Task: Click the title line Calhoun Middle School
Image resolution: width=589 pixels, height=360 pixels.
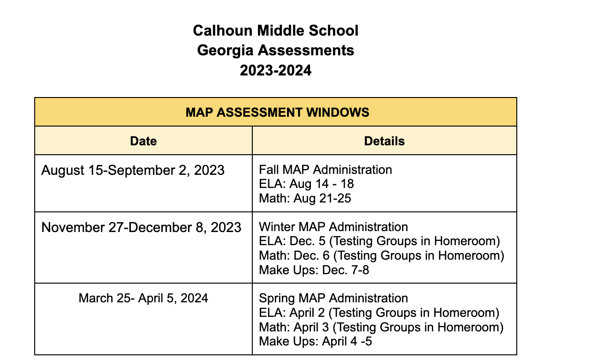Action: click(275, 31)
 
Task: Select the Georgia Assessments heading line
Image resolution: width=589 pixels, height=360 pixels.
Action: click(275, 50)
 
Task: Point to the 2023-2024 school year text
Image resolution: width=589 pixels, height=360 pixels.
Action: click(275, 70)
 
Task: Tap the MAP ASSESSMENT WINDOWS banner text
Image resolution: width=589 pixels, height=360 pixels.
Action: click(277, 112)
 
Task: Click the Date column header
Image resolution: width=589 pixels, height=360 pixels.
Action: click(143, 141)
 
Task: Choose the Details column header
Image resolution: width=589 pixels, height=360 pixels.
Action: click(384, 141)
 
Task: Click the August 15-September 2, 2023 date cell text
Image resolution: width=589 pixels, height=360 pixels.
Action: click(133, 170)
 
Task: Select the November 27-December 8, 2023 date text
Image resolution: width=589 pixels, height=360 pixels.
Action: click(141, 227)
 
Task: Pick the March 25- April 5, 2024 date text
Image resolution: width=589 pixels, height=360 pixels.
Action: click(143, 298)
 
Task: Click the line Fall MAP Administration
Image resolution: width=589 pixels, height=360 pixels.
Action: click(325, 169)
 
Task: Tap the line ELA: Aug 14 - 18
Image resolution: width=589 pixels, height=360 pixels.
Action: click(306, 184)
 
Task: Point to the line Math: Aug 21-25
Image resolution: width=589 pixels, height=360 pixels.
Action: click(305, 198)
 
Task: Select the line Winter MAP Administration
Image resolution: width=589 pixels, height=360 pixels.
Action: click(333, 227)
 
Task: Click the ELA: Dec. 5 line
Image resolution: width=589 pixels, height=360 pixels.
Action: click(379, 241)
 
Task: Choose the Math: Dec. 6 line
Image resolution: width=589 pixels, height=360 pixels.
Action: click(381, 256)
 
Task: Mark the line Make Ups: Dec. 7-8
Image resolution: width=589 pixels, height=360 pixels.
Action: click(314, 270)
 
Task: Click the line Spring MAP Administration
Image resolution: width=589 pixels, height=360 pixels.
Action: click(333, 298)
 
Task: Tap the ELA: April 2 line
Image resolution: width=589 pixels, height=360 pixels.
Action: click(379, 313)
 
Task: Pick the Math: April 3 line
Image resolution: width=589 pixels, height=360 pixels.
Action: click(381, 327)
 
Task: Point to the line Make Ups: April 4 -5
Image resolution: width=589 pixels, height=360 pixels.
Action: click(316, 342)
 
